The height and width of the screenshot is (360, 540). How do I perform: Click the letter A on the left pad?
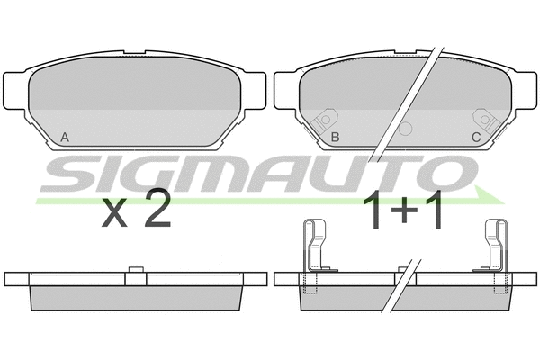(x=65, y=138)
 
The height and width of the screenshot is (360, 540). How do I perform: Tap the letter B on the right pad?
(x=335, y=137)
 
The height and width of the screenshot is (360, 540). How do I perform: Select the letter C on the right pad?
(x=476, y=138)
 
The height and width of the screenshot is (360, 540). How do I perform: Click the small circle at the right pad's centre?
(x=405, y=129)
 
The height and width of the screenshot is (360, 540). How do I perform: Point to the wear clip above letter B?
(x=324, y=121)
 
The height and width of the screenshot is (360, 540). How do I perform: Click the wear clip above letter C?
(x=487, y=121)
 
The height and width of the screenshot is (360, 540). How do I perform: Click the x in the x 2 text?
(x=114, y=214)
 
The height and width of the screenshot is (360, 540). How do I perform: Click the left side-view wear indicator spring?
(x=314, y=246)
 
